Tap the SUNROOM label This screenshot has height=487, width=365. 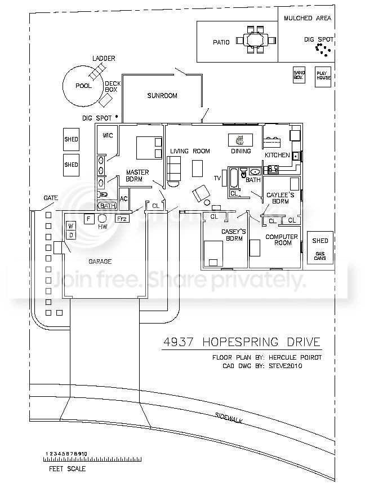tap(162, 96)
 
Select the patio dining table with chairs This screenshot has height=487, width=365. tap(257, 40)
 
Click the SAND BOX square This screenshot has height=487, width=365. tap(299, 75)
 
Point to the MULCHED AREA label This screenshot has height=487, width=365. tap(307, 19)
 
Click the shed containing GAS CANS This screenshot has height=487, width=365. tap(320, 248)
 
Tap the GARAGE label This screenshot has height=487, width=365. tap(100, 262)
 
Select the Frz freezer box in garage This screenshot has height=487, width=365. tap(122, 219)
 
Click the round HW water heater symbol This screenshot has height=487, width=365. tap(103, 219)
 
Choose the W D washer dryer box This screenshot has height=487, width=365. tap(71, 230)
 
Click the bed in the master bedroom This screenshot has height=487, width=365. tap(150, 148)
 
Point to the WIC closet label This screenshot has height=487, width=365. tap(107, 136)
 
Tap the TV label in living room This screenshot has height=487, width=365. tap(217, 179)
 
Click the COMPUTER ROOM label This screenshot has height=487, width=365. tap(278, 240)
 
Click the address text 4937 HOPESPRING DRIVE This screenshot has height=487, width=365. tap(241, 342)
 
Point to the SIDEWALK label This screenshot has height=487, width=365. tap(232, 422)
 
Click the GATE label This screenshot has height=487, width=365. tap(50, 198)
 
